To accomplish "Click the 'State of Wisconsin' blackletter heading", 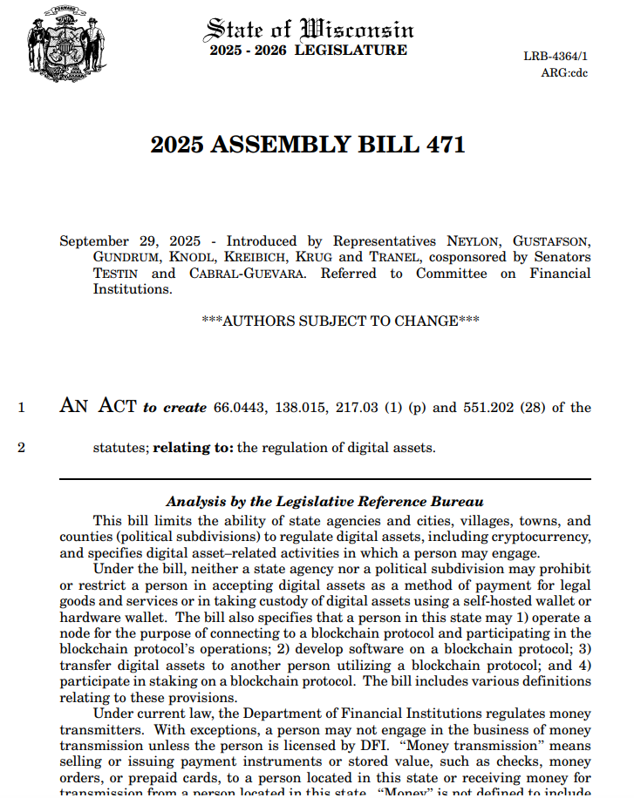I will pos(308,28).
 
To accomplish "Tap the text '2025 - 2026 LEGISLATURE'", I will pos(308,51).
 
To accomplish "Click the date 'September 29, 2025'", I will pos(130,241).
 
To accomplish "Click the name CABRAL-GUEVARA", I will pos(243,274).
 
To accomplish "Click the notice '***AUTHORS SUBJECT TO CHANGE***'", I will pos(340,321).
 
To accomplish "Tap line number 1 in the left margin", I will pos(22,407).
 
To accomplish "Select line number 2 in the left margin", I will pos(22,449).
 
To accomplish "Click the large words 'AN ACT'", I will pos(98,405).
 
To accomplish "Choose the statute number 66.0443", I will pos(241,407).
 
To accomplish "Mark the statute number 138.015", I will pos(302,407).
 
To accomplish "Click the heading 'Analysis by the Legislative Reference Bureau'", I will pos(324,502).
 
